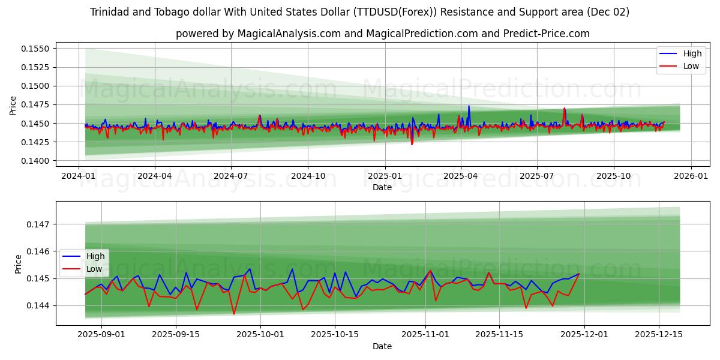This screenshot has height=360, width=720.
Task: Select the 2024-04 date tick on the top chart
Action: [x=155, y=176]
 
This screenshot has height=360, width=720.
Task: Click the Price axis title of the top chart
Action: [x=13, y=105]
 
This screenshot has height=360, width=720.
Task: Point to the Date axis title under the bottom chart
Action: [x=382, y=346]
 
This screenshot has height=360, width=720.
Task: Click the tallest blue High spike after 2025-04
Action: [x=469, y=106]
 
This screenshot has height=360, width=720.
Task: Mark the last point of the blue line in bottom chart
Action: [x=579, y=274]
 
